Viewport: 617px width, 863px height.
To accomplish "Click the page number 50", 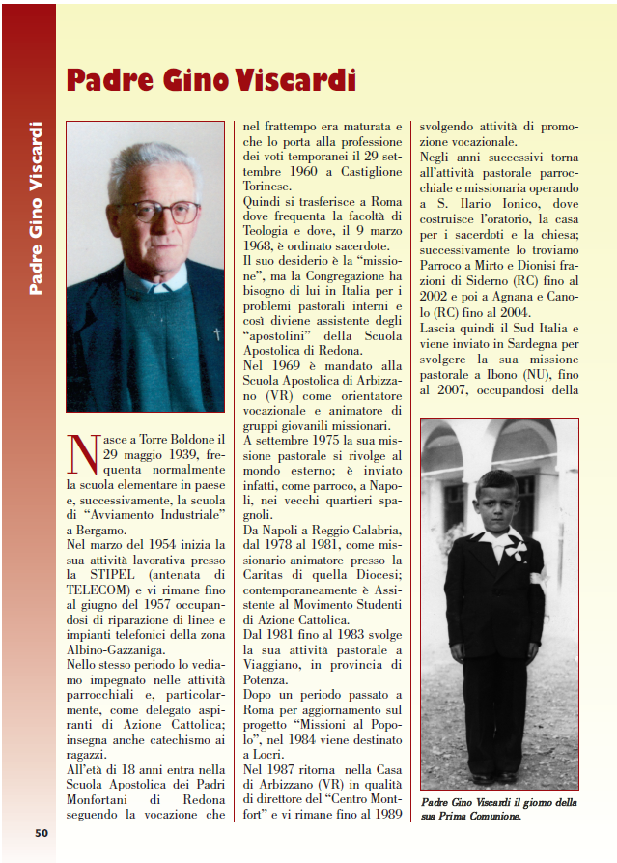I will [42, 832].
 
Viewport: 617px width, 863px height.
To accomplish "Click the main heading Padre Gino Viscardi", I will [210, 79].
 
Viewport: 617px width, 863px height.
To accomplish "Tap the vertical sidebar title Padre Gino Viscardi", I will [36, 207].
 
